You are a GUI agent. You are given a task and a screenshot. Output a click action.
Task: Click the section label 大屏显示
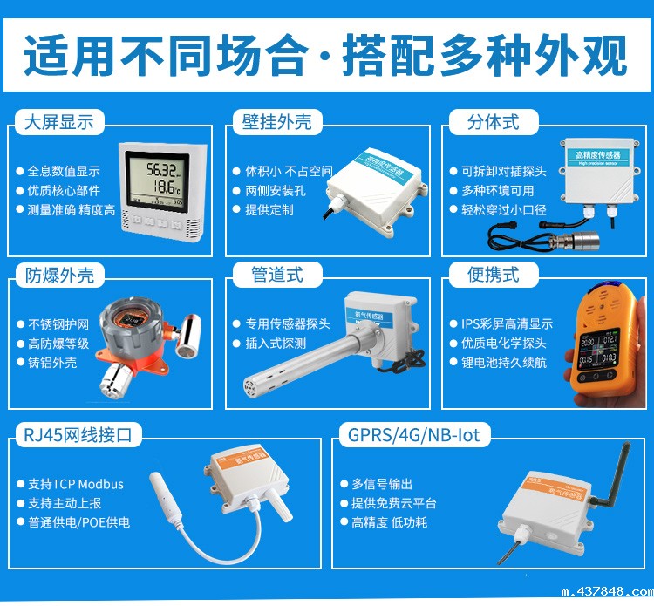59,121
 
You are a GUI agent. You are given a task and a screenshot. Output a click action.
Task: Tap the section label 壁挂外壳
277,121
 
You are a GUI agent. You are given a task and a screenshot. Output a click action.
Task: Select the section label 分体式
493,121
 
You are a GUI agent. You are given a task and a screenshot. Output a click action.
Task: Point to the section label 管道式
277,275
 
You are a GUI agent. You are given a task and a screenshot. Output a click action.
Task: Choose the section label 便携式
493,275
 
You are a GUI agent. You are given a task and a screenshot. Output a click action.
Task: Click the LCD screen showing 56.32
162,179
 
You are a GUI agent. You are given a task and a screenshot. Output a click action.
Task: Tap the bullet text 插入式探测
276,344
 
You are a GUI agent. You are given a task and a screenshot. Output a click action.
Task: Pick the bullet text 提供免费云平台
394,503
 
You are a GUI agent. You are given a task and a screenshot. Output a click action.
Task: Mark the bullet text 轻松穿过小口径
504,209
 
